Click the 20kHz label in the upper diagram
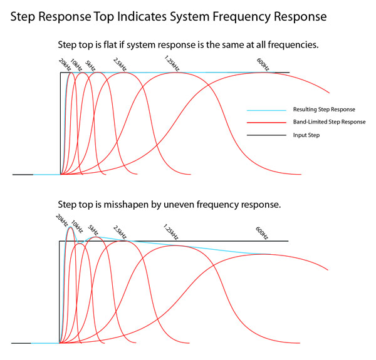64,63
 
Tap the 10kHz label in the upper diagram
75,63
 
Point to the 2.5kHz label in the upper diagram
119,63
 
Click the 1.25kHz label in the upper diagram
170,62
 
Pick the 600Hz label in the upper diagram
262,64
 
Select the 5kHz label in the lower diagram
93,230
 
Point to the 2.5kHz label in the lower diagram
120,231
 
